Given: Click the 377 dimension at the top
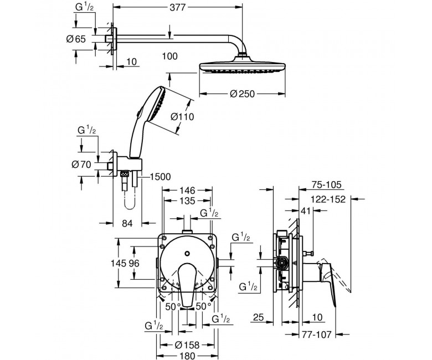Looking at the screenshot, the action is click(178, 7).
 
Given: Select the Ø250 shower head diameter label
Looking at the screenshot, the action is click(242, 94).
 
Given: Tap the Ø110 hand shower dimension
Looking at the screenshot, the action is click(182, 117).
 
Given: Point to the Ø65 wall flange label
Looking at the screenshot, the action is click(76, 39).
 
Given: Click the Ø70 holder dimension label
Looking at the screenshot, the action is click(81, 164).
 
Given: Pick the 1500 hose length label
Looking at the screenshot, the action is click(160, 177).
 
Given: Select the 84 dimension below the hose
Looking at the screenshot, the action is click(127, 223).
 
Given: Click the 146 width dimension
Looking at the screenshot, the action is click(187, 191).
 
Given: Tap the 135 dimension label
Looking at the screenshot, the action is click(187, 201).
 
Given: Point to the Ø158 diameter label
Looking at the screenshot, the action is click(187, 344).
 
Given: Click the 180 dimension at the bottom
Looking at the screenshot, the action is click(187, 356).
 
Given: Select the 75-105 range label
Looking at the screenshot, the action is click(326, 185).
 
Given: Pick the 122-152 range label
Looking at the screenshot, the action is click(328, 199).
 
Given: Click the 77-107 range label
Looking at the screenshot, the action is click(316, 335).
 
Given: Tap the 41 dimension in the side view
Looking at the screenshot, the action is click(306, 211).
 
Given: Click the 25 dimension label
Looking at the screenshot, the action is click(258, 317).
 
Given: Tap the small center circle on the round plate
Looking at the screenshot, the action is click(187, 253).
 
